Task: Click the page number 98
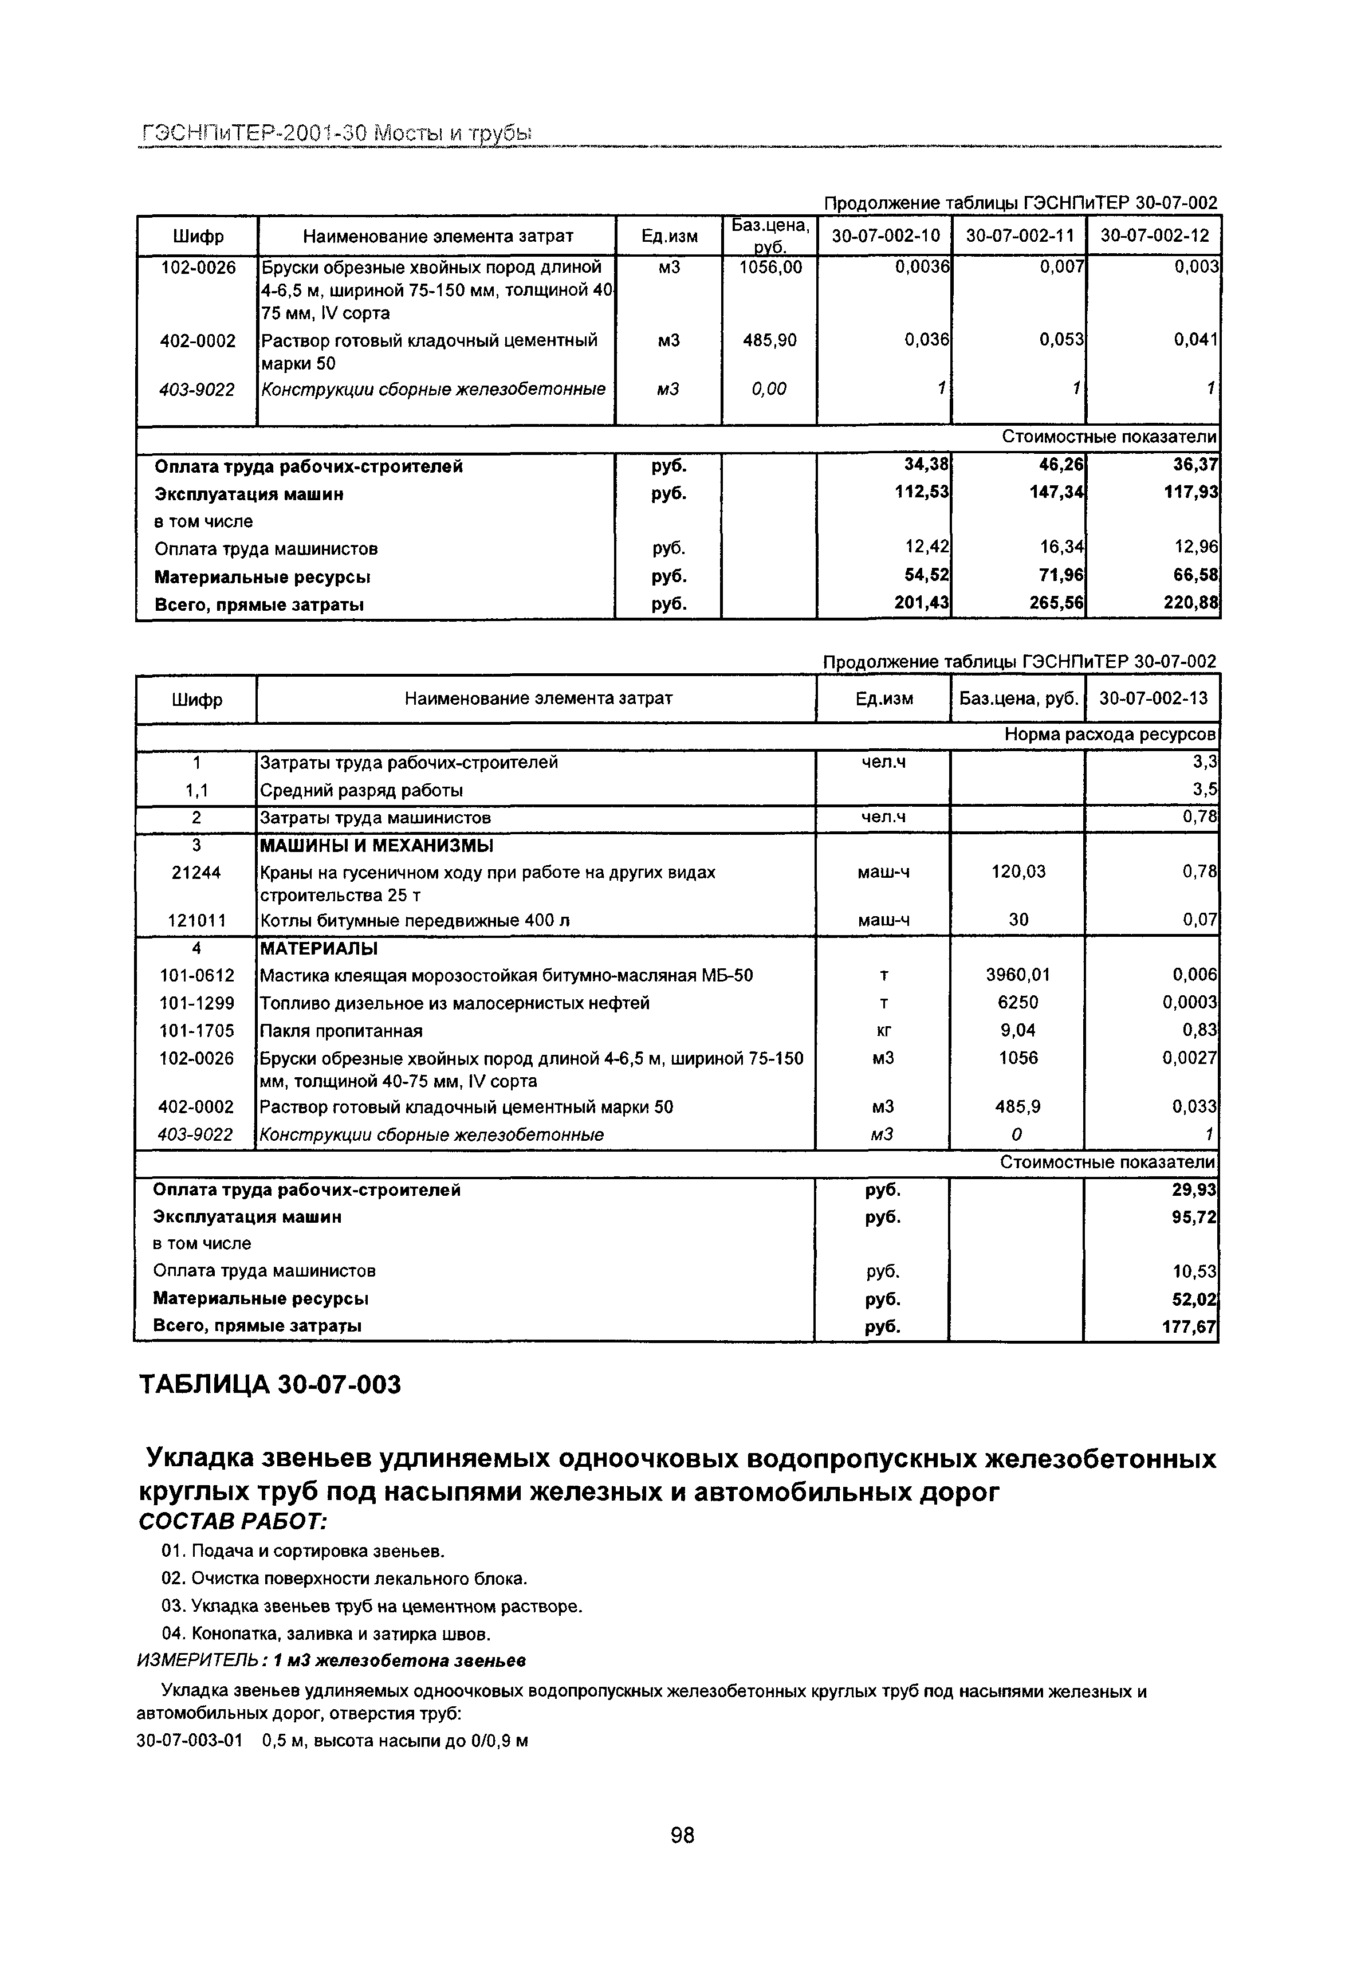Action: (682, 1834)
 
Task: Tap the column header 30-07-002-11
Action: (1019, 235)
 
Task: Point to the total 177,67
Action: (1189, 1325)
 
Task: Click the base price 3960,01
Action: (1017, 975)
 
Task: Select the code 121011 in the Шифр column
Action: (196, 919)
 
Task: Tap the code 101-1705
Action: (196, 1030)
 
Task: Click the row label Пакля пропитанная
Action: (341, 1031)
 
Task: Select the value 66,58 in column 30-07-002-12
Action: (1194, 576)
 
